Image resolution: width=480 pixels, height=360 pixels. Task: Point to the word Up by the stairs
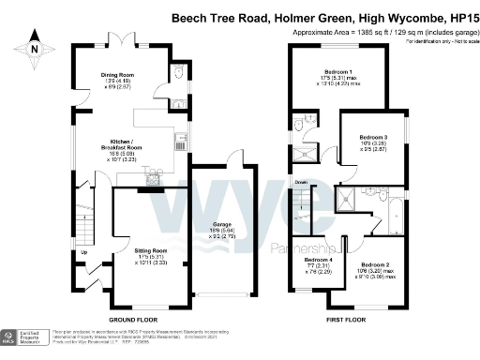pyautogui.click(x=84, y=252)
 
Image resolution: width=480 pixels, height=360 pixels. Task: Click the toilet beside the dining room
pyautogui.click(x=178, y=75)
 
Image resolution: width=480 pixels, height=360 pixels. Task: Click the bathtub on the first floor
pyautogui.click(x=394, y=216)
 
